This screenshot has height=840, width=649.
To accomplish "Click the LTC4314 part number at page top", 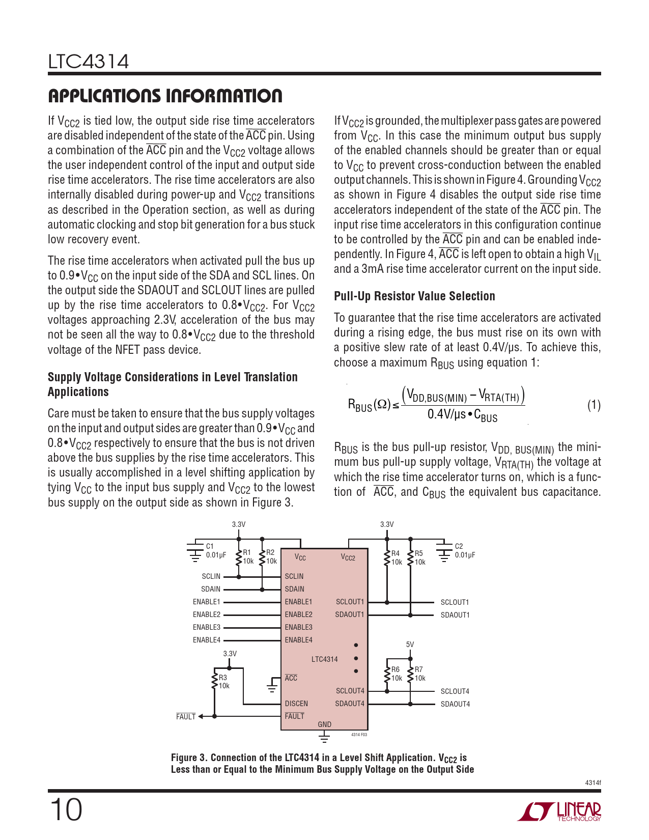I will [89, 62].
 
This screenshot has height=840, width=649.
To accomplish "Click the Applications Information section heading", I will [165, 96].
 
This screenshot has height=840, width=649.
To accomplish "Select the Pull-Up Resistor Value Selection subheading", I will [414, 296].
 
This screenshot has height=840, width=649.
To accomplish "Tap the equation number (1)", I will [594, 405].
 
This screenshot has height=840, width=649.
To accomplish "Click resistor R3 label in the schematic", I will [223, 678].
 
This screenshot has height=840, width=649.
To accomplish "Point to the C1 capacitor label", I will [210, 546].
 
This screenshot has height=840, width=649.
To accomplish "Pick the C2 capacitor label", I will [459, 546].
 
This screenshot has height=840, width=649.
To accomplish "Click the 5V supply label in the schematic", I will [410, 645].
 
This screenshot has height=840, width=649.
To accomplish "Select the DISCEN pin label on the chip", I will [296, 704].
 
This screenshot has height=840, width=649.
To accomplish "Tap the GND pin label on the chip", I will [324, 724].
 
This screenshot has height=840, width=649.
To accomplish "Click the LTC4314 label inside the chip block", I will [324, 659].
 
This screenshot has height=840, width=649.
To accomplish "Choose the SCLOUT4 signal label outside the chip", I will [455, 691].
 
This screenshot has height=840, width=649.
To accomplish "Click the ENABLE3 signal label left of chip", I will [207, 627].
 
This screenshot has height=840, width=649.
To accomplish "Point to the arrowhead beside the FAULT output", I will [201, 716].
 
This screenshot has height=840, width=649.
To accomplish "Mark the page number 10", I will [66, 809].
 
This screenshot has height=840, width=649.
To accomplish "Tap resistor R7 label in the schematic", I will [418, 669].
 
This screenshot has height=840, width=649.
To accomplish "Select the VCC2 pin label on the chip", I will [348, 558].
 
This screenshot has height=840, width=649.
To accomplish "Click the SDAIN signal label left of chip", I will [211, 589].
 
